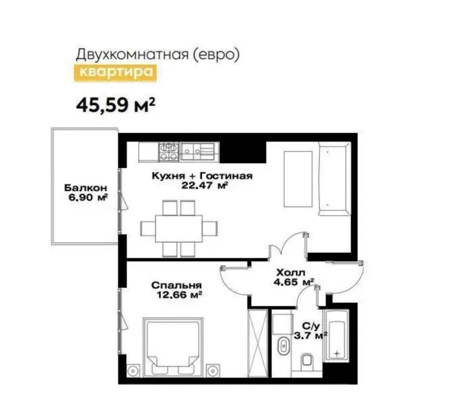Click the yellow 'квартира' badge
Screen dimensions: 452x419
(115, 73)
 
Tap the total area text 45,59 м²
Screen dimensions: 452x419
(116, 105)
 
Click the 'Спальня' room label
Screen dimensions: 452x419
(176, 285)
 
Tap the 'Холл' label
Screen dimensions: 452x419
(290, 273)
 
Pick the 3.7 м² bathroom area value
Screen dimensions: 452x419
(310, 335)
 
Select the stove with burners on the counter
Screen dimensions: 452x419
(168, 152)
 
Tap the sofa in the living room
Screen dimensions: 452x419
(334, 178)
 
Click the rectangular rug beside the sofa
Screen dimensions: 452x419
(298, 179)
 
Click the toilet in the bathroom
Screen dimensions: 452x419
(306, 360)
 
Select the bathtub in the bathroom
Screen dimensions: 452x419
(336, 336)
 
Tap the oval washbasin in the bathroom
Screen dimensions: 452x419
(283, 345)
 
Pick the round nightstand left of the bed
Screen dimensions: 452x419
(133, 370)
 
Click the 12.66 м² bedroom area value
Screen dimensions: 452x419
(179, 295)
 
